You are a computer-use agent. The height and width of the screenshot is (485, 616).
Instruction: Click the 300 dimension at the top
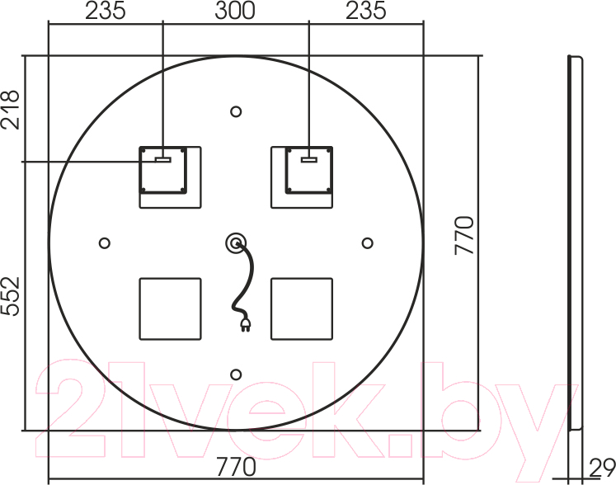(235, 11)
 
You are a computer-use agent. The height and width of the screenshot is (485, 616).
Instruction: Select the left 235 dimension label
(106, 11)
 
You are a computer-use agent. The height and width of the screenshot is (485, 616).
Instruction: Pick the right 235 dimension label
(366, 11)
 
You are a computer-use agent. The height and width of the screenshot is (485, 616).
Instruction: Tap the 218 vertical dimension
(10, 110)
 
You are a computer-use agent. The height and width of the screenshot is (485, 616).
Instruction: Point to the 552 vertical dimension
(10, 296)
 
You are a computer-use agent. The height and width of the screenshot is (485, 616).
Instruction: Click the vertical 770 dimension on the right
(464, 235)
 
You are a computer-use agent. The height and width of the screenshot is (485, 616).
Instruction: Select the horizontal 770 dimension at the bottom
(236, 467)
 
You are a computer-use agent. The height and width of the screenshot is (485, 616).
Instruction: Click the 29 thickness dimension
(602, 469)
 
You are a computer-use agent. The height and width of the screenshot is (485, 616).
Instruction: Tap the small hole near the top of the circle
(236, 111)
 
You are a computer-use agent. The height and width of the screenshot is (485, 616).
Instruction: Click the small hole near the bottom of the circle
(236, 374)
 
